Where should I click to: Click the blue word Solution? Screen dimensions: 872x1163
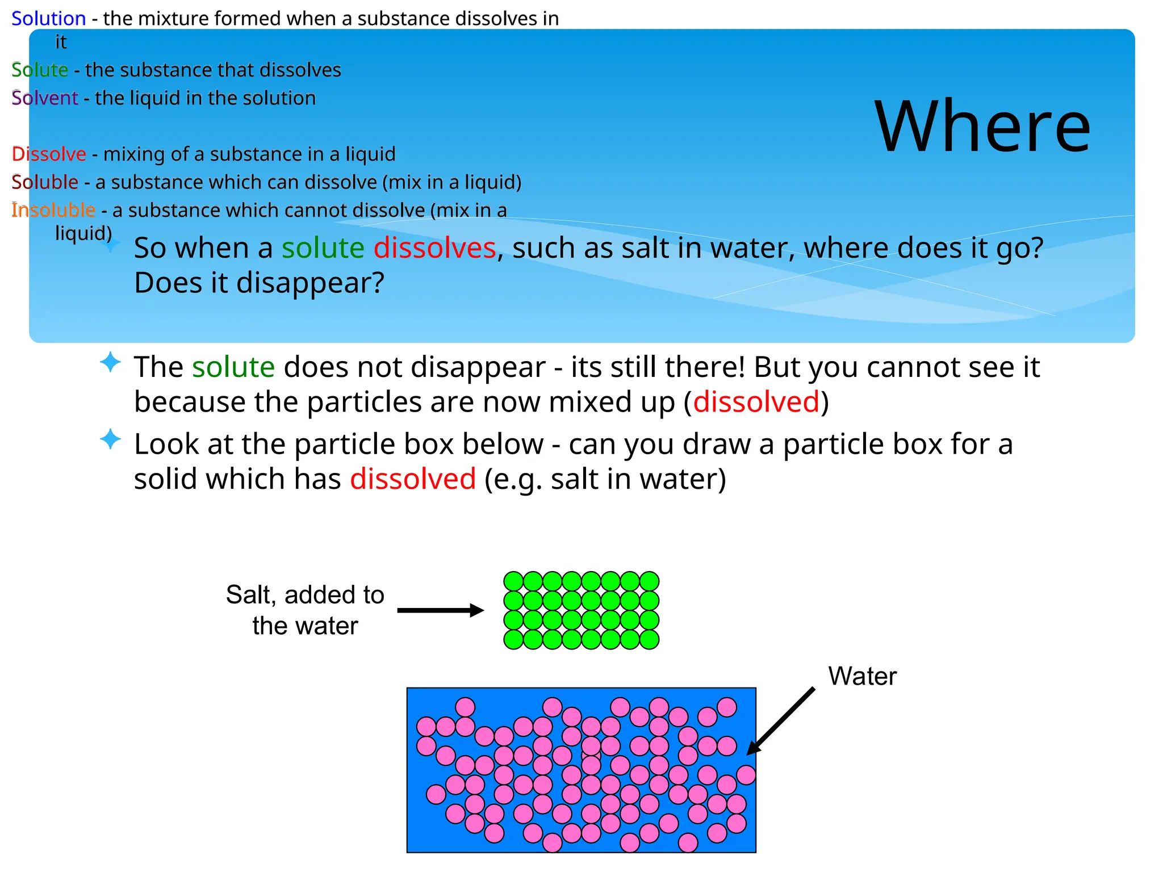(x=48, y=19)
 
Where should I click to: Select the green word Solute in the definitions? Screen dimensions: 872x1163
(x=40, y=70)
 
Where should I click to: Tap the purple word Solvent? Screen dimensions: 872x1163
(x=44, y=98)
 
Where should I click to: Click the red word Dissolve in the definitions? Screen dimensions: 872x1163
(x=49, y=154)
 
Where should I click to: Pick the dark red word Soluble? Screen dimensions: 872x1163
(x=45, y=182)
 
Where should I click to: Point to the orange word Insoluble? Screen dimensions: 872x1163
(x=53, y=210)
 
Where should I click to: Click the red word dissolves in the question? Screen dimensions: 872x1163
(x=434, y=248)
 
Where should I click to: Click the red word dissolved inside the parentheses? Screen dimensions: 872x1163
(x=756, y=402)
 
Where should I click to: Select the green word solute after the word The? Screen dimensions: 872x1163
(x=233, y=367)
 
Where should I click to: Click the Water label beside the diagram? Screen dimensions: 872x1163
(x=862, y=676)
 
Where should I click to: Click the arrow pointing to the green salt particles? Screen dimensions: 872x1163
(x=440, y=610)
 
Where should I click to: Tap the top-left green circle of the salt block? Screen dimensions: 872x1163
(x=513, y=581)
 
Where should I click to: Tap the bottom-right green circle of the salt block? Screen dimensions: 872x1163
(x=649, y=639)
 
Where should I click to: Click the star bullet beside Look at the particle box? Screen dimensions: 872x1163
(x=110, y=439)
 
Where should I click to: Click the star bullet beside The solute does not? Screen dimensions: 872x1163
(x=110, y=362)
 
